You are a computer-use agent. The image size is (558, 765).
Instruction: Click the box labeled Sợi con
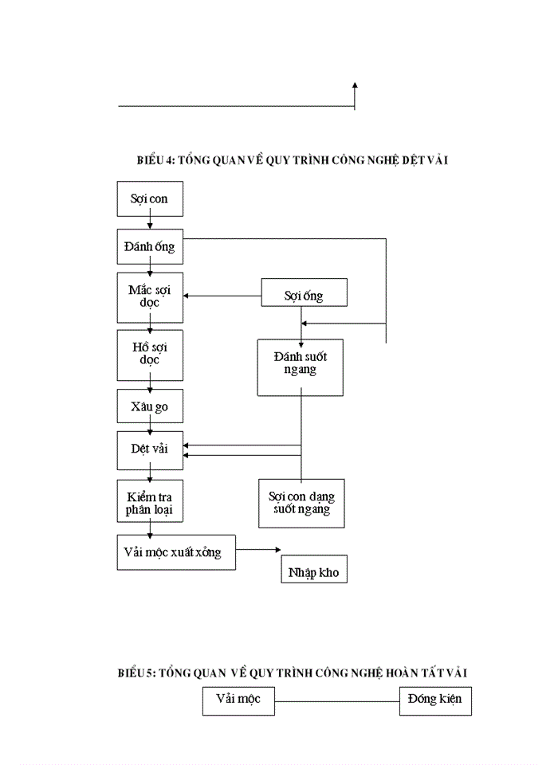150,199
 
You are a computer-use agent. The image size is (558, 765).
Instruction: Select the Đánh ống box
150,247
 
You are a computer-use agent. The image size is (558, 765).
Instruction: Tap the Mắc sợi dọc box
150,297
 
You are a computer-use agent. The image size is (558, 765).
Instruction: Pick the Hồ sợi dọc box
150,355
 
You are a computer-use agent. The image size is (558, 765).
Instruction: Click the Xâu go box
150,406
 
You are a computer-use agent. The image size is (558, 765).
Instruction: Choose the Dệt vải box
150,449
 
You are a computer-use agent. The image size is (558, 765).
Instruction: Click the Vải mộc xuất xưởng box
176,552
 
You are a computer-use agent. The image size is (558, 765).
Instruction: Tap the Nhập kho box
314,571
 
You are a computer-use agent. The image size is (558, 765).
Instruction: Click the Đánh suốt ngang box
300,367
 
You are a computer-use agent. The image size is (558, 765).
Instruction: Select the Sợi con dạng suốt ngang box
301,503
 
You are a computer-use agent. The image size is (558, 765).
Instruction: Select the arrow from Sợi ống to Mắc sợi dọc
223,297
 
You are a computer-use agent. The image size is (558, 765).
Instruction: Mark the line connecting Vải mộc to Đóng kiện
337,701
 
